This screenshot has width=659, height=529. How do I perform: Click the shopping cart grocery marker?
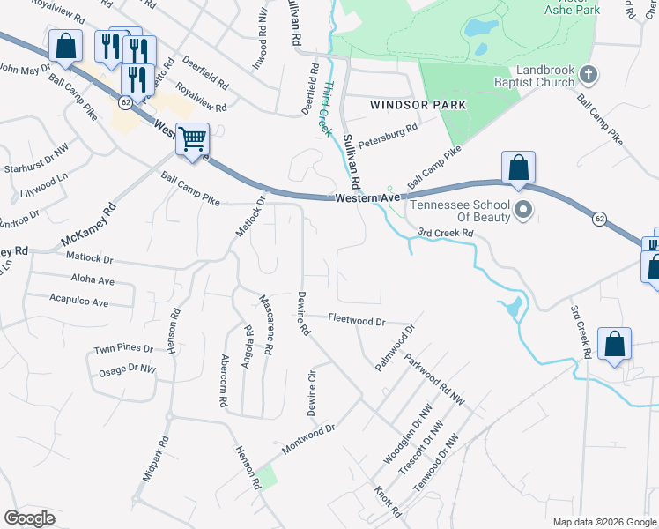192,138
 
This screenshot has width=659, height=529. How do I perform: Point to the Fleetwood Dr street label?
357,319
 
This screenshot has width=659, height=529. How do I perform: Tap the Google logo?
29,518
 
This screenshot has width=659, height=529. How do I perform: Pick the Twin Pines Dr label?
124,350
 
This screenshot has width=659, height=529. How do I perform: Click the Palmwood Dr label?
395,348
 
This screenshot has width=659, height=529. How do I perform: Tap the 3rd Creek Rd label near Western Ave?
446,233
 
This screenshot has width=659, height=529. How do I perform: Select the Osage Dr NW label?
127,371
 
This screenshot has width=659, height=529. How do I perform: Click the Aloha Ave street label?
93,280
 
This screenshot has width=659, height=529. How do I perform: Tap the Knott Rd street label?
388,501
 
